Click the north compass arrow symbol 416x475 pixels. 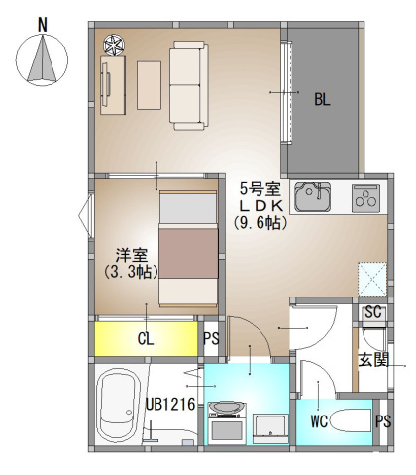pos(42,59)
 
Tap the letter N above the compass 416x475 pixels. pos(42,22)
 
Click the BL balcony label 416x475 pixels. pos(322,99)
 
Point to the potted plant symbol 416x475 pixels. pos(112,44)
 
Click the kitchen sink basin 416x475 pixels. pos(314,195)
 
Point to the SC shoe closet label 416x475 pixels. pos(372,312)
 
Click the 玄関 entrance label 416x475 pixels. pos(372,358)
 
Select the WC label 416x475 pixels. pos(319,421)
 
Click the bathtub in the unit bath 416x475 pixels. pos(118,405)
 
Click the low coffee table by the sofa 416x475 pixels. pos(149,79)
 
